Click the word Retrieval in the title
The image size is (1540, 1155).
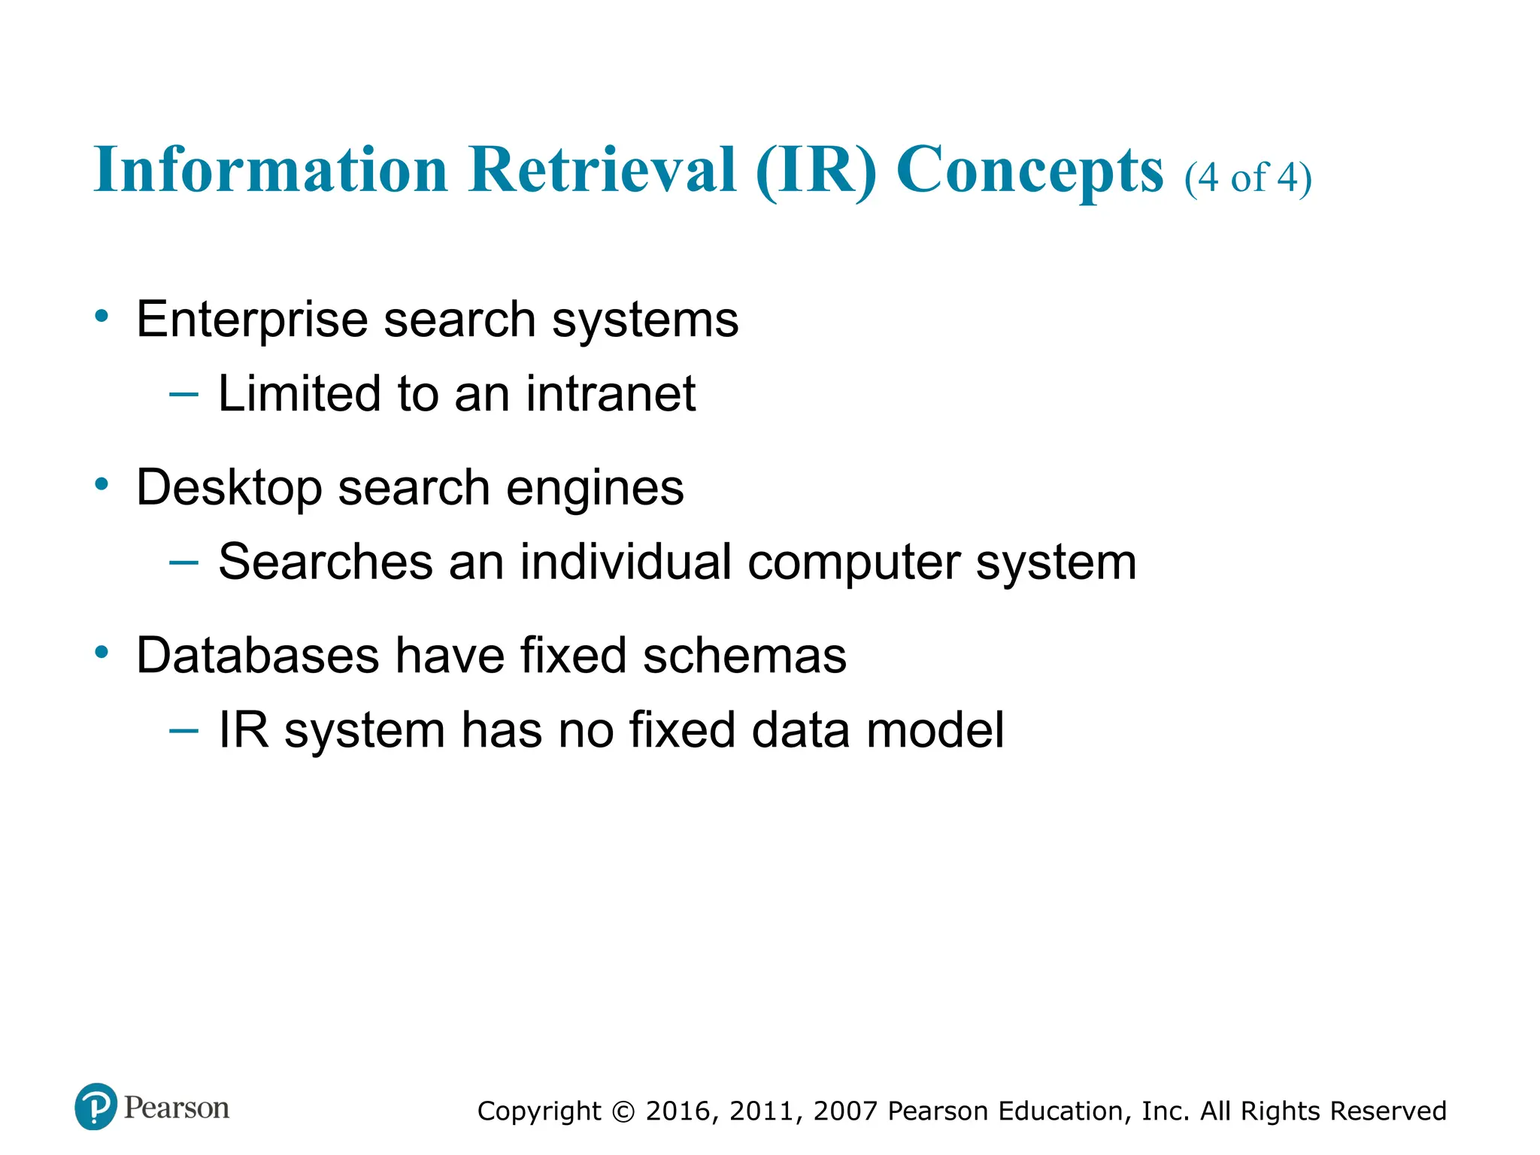(602, 170)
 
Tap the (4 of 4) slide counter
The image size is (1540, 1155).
(1247, 178)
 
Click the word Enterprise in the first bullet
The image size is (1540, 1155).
(252, 320)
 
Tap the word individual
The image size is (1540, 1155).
(626, 562)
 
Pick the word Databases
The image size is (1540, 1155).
(257, 655)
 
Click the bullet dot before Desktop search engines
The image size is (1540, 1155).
(102, 484)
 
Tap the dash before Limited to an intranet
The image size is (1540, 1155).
(184, 393)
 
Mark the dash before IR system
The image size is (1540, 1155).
(184, 729)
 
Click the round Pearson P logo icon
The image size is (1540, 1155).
(95, 1106)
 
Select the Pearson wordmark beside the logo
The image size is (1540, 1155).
(177, 1108)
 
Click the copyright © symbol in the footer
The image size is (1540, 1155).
(623, 1111)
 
